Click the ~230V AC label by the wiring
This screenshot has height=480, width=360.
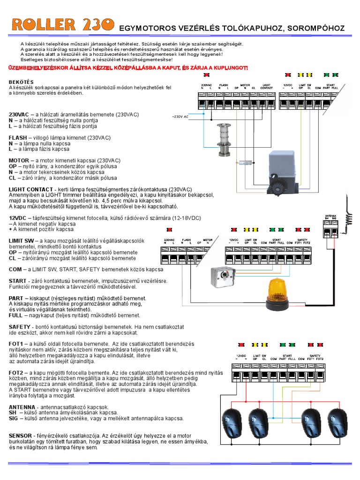click(180, 115)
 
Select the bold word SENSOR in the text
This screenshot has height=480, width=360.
click(21, 435)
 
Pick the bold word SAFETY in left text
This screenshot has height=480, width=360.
click(20, 326)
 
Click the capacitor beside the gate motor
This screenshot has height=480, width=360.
click(245, 162)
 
